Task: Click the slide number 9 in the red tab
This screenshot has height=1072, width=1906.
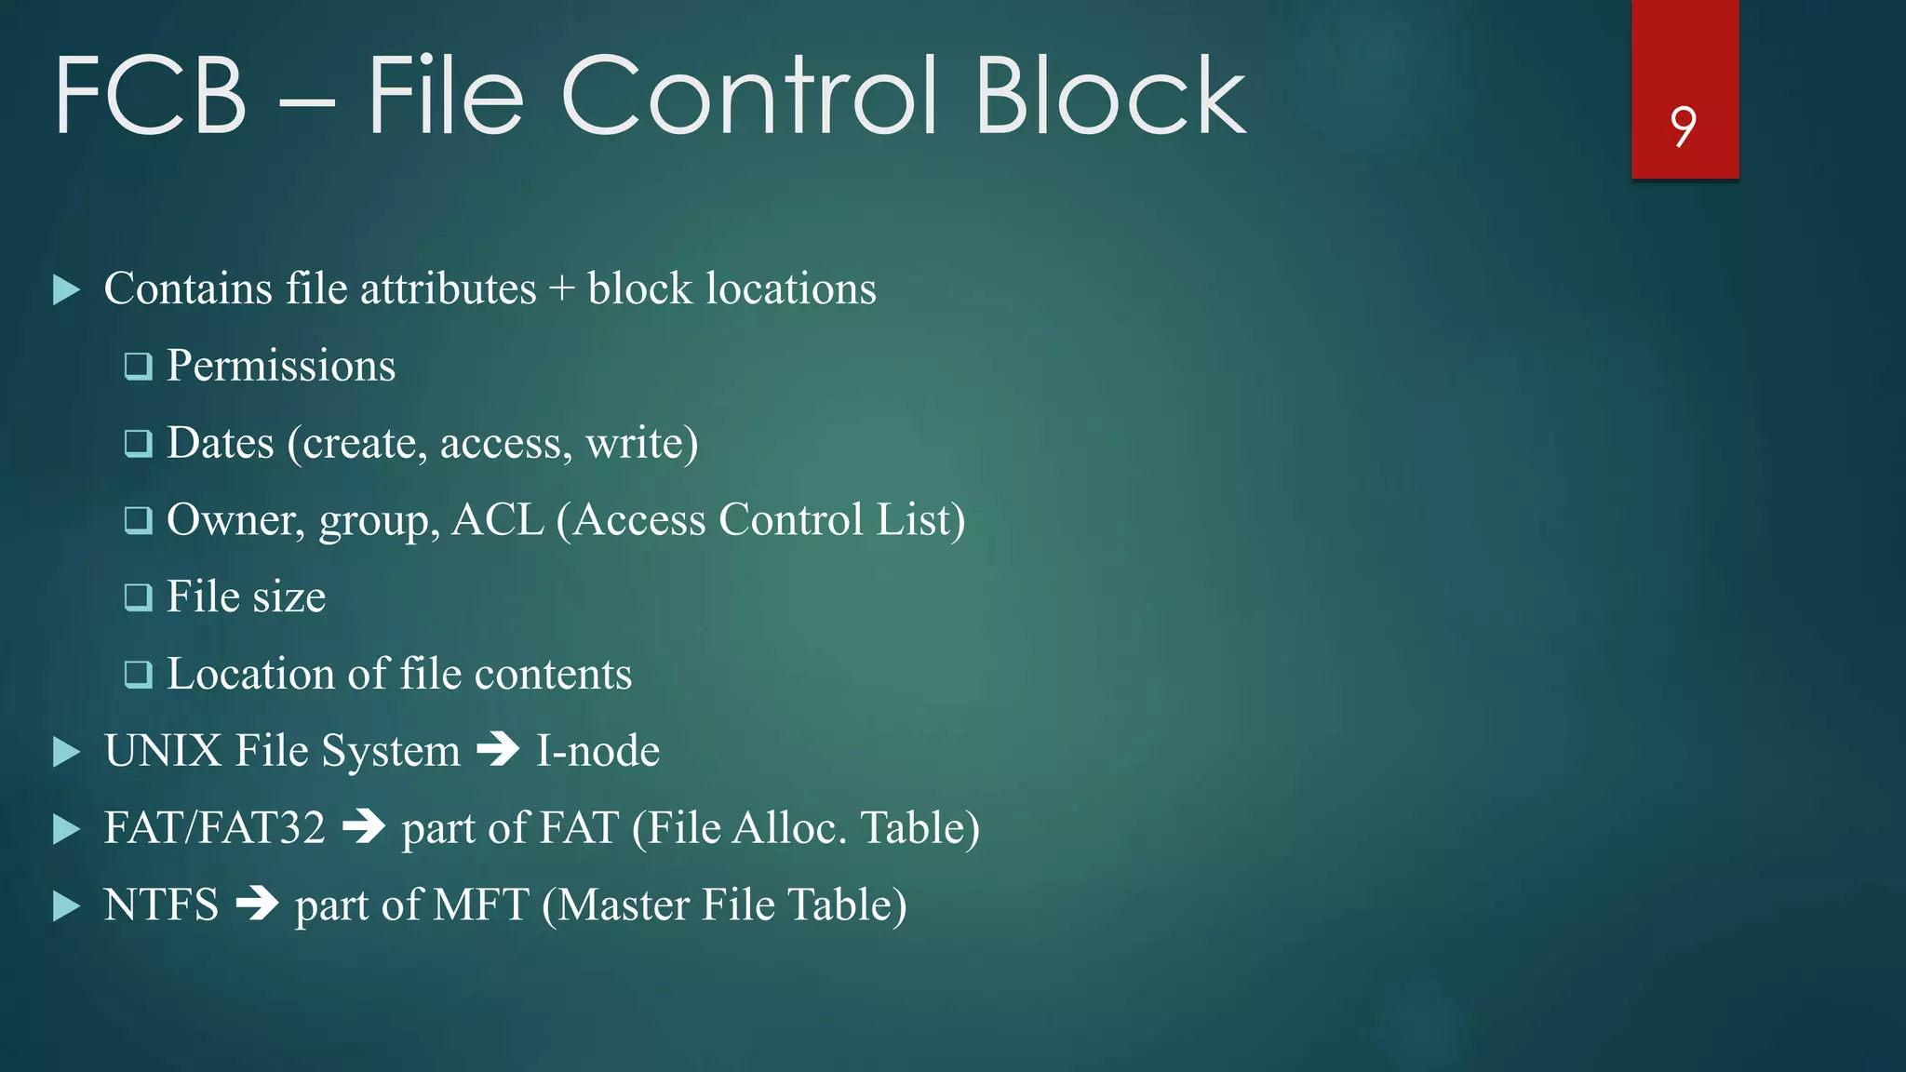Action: [x=1683, y=127]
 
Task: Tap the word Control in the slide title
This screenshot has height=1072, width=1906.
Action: [x=749, y=96]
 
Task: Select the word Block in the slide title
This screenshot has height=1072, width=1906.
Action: [x=1109, y=96]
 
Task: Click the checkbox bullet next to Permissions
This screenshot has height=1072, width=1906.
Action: [x=139, y=367]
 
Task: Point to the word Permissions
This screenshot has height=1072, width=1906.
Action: [x=281, y=366]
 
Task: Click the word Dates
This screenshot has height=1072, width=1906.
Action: [x=221, y=443]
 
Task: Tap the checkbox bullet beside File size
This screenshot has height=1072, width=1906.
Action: [x=139, y=597]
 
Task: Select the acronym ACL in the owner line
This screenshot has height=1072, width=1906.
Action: [x=497, y=520]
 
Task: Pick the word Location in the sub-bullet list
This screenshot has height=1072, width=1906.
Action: [x=250, y=674]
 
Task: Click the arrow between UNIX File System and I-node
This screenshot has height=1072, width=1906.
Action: [x=498, y=750]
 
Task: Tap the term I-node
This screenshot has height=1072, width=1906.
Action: [x=597, y=751]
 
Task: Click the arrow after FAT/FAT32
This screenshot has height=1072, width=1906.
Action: [x=364, y=827]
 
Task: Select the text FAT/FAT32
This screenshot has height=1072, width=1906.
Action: [x=215, y=827]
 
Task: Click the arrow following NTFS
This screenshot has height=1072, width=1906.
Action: [x=258, y=904]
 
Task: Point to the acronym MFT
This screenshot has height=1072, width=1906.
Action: [x=481, y=904]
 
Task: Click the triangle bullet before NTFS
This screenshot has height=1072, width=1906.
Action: [x=67, y=905]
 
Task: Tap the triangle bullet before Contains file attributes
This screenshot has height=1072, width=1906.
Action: [x=67, y=289]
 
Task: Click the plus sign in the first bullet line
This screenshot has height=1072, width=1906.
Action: [x=561, y=289]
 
